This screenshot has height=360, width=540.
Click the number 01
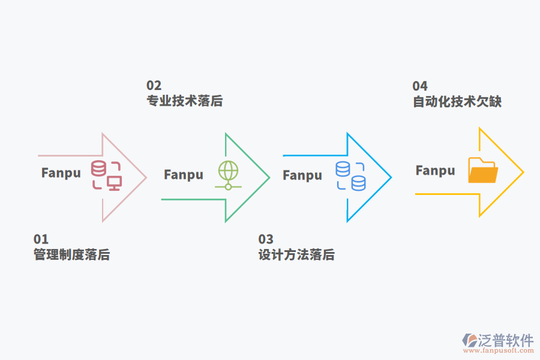(41, 239)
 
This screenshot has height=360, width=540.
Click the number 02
(154, 85)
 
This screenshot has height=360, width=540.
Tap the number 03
(266, 239)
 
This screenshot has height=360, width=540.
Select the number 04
(420, 86)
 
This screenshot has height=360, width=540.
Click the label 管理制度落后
(71, 255)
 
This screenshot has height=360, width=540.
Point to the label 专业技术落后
(185, 101)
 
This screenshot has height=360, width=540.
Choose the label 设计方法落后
(296, 255)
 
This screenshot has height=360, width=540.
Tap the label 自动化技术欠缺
(457, 101)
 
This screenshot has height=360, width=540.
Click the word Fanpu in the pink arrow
(61, 173)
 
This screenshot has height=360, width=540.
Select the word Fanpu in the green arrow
(184, 175)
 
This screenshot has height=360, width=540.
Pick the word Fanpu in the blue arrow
(302, 176)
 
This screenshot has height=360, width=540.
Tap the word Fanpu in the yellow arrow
(435, 171)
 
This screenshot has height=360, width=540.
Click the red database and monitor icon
(106, 175)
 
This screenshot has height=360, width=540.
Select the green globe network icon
(228, 176)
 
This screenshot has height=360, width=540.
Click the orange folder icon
(483, 170)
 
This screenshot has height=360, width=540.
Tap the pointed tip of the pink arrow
(146, 177)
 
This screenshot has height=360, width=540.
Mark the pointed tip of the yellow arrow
(523, 172)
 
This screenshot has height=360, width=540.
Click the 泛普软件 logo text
(506, 340)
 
